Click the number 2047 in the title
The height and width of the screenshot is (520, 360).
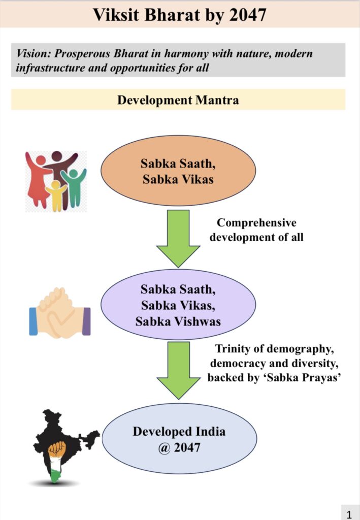pos(247,15)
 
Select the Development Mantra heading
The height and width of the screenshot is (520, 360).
pos(178,100)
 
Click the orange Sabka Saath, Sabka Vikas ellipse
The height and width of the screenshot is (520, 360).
pos(178,171)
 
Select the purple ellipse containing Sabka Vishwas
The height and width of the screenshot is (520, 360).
pos(178,305)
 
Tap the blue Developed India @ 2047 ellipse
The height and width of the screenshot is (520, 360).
pos(179,439)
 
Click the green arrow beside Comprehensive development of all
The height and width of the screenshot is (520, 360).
pos(178,239)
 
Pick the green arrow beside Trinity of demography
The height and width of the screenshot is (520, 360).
pos(178,370)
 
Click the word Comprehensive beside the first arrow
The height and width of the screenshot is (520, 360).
pos(256,223)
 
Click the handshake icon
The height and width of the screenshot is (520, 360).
pos(60,313)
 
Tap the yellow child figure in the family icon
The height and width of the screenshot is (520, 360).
pos(56,196)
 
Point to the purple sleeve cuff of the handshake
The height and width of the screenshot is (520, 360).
pos(86,321)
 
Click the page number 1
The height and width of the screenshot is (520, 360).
pos(349,514)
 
